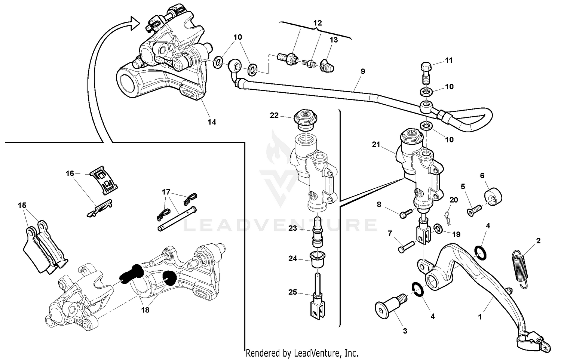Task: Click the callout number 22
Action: [274, 115]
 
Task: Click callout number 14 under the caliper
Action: [212, 122]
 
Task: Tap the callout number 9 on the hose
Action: [362, 71]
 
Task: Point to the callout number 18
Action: [145, 310]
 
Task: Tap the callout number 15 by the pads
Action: [22, 205]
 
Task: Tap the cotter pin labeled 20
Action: [447, 216]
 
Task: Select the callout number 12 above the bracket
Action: [317, 23]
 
